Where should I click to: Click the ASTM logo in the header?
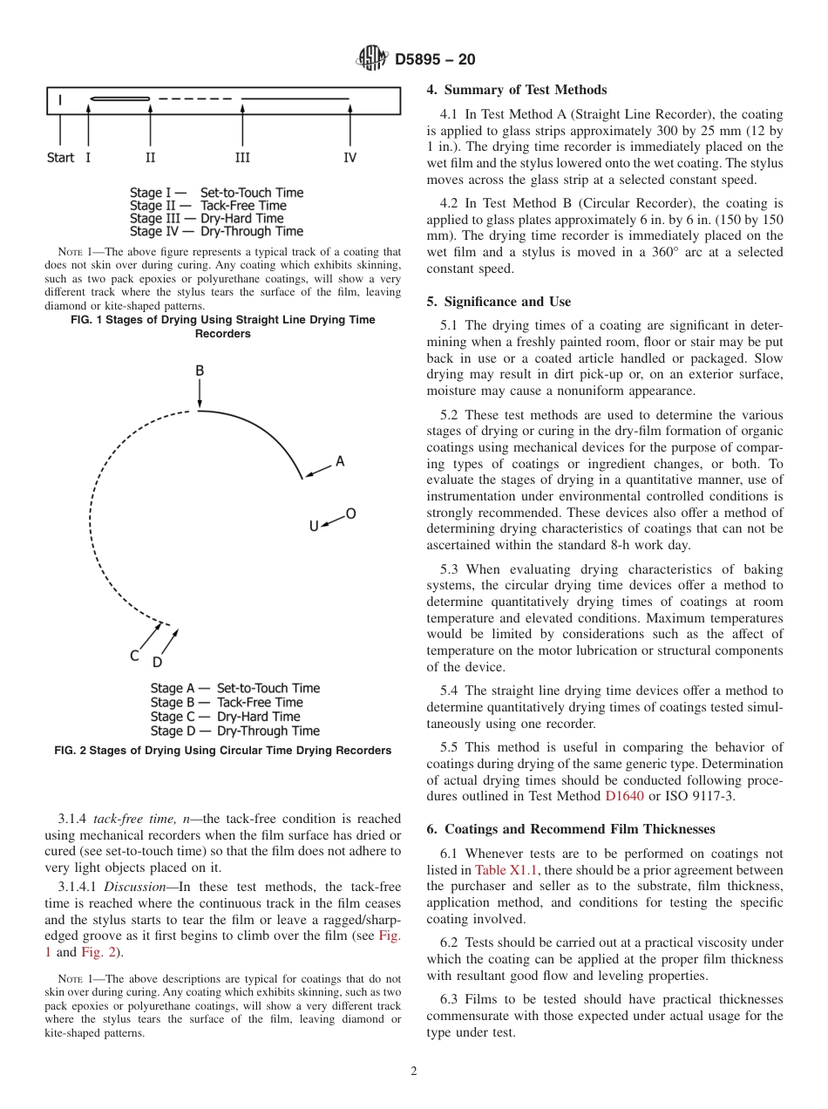(372, 59)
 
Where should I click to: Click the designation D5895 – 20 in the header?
(435, 60)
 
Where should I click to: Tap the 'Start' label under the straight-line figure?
(60, 158)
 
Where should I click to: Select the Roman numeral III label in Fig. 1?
(242, 158)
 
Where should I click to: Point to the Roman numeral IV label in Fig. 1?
(350, 158)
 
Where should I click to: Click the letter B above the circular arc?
(200, 371)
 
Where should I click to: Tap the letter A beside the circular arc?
(340, 461)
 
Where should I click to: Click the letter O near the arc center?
(350, 514)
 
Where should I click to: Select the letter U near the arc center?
(314, 527)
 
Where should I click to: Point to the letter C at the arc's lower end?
(135, 656)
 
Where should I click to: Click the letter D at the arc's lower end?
(158, 663)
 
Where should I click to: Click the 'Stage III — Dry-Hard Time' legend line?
(207, 218)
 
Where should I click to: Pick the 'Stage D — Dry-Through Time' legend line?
(234, 731)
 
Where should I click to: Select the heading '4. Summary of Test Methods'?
(517, 90)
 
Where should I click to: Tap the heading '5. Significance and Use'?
(499, 302)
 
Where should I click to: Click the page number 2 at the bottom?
(414, 1072)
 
